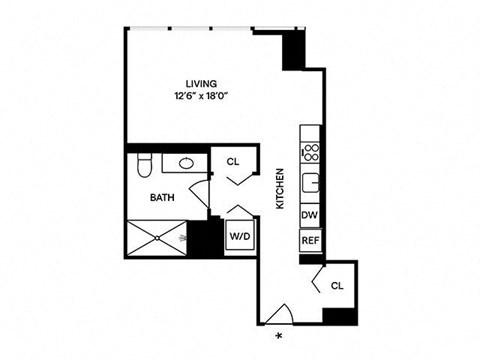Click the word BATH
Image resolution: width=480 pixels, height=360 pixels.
[162, 198]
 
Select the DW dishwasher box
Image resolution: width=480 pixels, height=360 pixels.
[309, 215]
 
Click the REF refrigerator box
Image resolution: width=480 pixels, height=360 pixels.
[309, 240]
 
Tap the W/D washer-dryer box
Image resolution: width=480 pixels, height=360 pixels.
[239, 237]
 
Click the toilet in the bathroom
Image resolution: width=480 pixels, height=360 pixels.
[144, 164]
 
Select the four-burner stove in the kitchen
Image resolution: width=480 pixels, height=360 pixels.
[310, 153]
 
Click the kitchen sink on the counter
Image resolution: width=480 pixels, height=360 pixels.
[311, 183]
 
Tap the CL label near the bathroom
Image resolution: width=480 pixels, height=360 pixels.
[233, 161]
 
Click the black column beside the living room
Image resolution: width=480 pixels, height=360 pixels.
[292, 49]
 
